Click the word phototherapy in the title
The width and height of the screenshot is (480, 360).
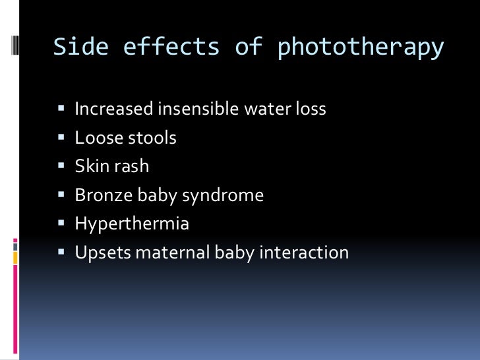coord(360,48)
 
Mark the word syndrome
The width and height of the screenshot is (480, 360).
coord(228,196)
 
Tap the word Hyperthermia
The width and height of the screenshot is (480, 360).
coord(132,224)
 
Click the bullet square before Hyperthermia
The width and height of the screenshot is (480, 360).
coord(61,224)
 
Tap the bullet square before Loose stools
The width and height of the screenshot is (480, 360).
coord(61,138)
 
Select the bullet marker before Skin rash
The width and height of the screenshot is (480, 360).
coord(61,167)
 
